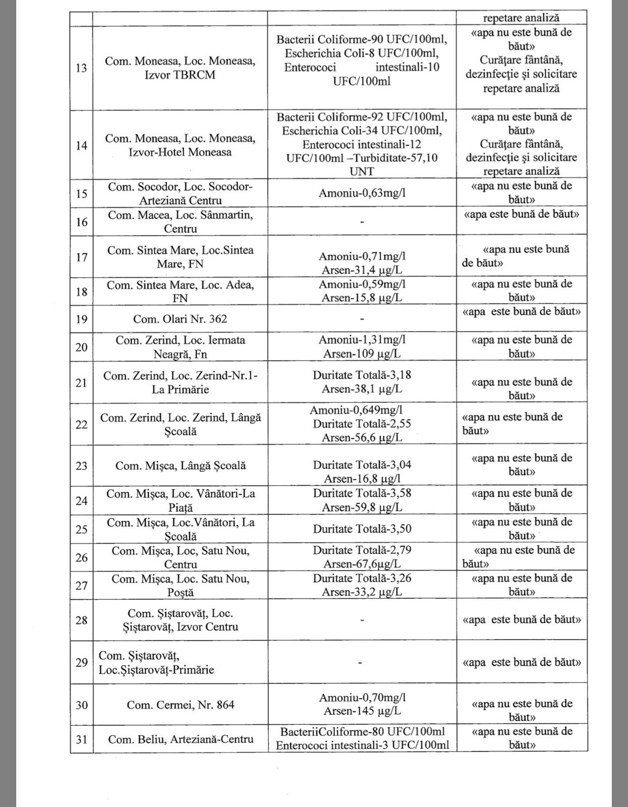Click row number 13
[81, 68]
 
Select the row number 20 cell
[81, 347]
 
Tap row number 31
[81, 739]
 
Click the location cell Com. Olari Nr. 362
[180, 319]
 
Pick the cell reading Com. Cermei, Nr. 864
[180, 705]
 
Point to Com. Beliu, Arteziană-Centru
[180, 739]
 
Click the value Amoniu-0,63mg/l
[362, 193]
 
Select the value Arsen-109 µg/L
[362, 354]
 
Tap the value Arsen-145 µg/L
[362, 711]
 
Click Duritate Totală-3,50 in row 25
[362, 529]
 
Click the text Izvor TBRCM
[180, 75]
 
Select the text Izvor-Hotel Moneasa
[180, 152]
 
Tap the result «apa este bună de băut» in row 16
[521, 214]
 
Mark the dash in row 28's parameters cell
[362, 619]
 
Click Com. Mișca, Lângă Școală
[180, 466]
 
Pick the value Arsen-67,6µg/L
[362, 564]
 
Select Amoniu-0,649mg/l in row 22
[356, 410]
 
